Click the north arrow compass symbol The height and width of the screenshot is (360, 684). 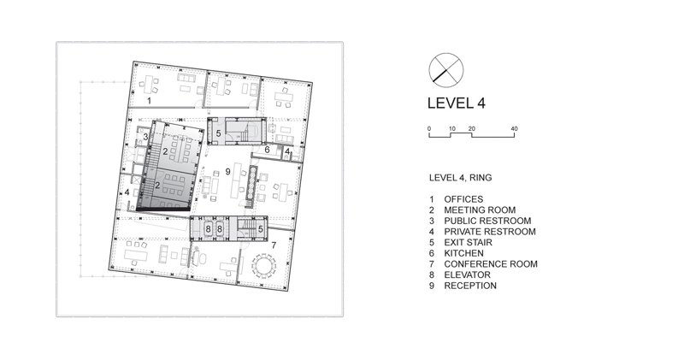[x=445, y=70]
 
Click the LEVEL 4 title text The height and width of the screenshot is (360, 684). [x=457, y=103]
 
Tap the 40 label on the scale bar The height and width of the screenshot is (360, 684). [x=515, y=129]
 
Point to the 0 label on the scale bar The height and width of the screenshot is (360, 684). [x=429, y=129]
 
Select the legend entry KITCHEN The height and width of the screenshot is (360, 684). [x=463, y=253]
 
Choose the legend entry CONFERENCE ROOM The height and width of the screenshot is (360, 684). [x=491, y=264]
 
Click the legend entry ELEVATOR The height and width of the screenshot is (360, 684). [x=467, y=274]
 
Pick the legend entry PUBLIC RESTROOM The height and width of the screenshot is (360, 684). [x=487, y=221]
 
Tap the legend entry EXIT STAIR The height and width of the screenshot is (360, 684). [x=468, y=243]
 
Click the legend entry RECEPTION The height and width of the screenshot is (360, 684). [x=470, y=286]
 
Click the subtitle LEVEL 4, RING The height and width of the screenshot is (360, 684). [x=460, y=178]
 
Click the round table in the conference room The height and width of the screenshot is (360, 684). [x=263, y=265]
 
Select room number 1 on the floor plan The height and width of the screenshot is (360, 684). [x=149, y=101]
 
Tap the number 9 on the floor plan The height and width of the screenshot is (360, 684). [x=227, y=172]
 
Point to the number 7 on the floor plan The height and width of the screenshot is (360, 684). [x=274, y=245]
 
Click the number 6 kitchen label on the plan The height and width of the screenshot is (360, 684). [x=268, y=150]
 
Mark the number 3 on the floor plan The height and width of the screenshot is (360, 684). [x=145, y=137]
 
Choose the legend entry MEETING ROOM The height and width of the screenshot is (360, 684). [x=480, y=210]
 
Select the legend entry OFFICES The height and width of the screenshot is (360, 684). [x=463, y=199]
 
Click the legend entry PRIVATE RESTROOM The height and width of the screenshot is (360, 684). [x=490, y=232]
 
